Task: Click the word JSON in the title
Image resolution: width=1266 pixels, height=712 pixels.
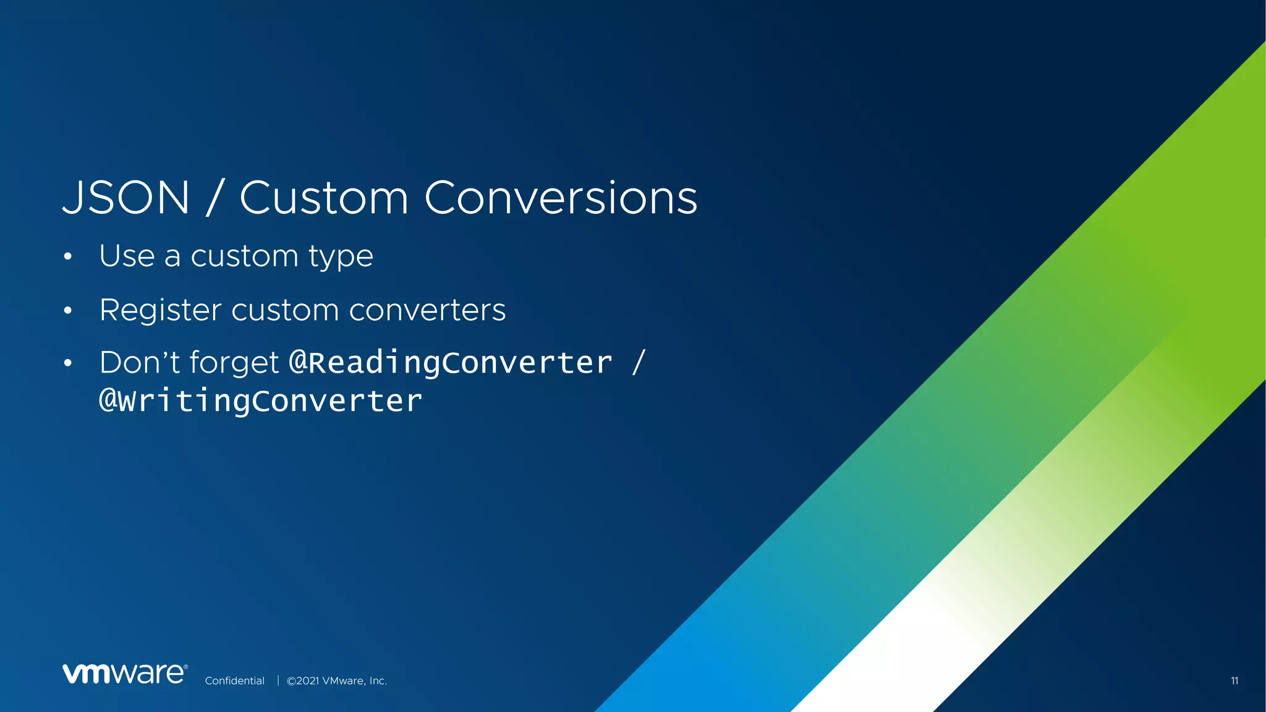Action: coord(126,198)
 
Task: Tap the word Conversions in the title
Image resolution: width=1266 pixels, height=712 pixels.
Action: coord(561,198)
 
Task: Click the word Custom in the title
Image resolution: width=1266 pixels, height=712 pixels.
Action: coord(324,198)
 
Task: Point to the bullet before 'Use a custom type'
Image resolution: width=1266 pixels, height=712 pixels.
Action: coord(68,256)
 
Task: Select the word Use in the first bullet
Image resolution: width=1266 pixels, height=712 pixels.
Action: coord(127,256)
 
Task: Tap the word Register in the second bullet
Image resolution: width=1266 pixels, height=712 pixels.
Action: coord(160,310)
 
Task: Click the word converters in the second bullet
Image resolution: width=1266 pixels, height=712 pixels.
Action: coord(427,310)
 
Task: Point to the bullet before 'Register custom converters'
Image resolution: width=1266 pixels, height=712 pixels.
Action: coord(68,310)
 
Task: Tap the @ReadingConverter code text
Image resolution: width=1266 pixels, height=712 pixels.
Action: coord(451,363)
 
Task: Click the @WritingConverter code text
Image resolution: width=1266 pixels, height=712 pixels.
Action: coord(261,401)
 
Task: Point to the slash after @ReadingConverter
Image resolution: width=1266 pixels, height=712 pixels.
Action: coord(639,362)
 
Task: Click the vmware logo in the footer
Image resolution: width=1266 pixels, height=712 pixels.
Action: coord(125,674)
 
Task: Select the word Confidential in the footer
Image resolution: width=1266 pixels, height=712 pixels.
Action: coord(234,680)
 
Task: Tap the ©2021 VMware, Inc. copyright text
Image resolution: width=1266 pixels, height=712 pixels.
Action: coord(337,680)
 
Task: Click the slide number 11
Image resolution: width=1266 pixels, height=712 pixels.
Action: coord(1234,680)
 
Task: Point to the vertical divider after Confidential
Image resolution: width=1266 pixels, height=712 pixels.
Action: coord(278,680)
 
